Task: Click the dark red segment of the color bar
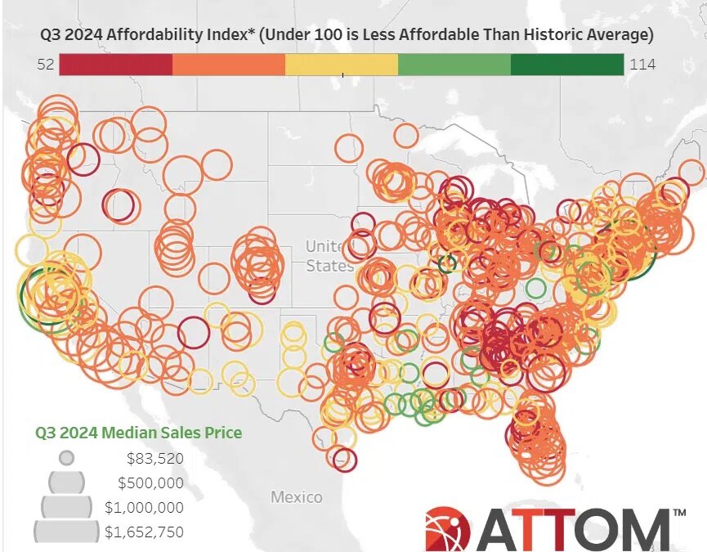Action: (x=115, y=65)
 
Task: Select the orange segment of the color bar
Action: (x=228, y=65)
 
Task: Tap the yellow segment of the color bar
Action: (x=341, y=65)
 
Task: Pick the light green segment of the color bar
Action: (x=454, y=65)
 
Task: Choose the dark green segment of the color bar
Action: (x=566, y=65)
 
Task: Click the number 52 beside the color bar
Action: (x=46, y=65)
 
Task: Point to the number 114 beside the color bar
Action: (x=642, y=65)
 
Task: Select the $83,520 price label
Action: (x=154, y=458)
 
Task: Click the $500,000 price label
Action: (x=150, y=482)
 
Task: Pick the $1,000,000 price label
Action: (x=144, y=508)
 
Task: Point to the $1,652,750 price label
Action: (x=144, y=532)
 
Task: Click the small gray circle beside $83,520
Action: (x=67, y=458)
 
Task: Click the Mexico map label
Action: (x=296, y=496)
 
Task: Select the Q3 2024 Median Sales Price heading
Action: (x=138, y=433)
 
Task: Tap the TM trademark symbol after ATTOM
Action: (x=678, y=513)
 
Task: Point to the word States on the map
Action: (x=329, y=266)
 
